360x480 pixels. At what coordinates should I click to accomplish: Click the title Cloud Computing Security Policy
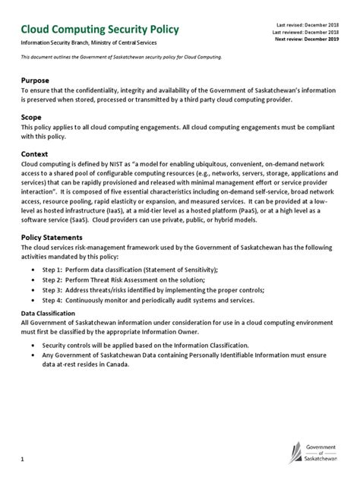click(x=99, y=30)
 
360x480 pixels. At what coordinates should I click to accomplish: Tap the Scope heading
click(x=33, y=118)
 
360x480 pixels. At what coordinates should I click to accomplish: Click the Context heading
click(x=38, y=154)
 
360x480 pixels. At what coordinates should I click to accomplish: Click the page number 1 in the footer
click(x=23, y=459)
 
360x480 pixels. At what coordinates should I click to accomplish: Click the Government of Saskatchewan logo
click(x=314, y=454)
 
